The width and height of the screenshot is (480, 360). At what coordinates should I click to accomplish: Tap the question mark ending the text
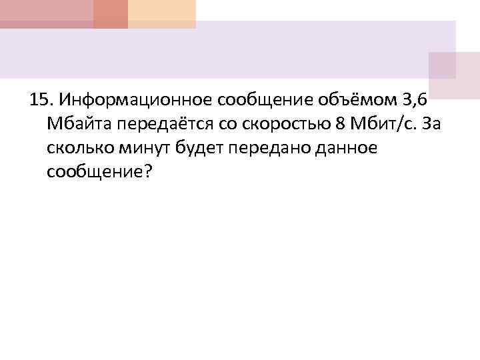[149, 172]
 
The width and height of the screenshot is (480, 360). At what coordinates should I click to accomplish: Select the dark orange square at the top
[110, 14]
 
